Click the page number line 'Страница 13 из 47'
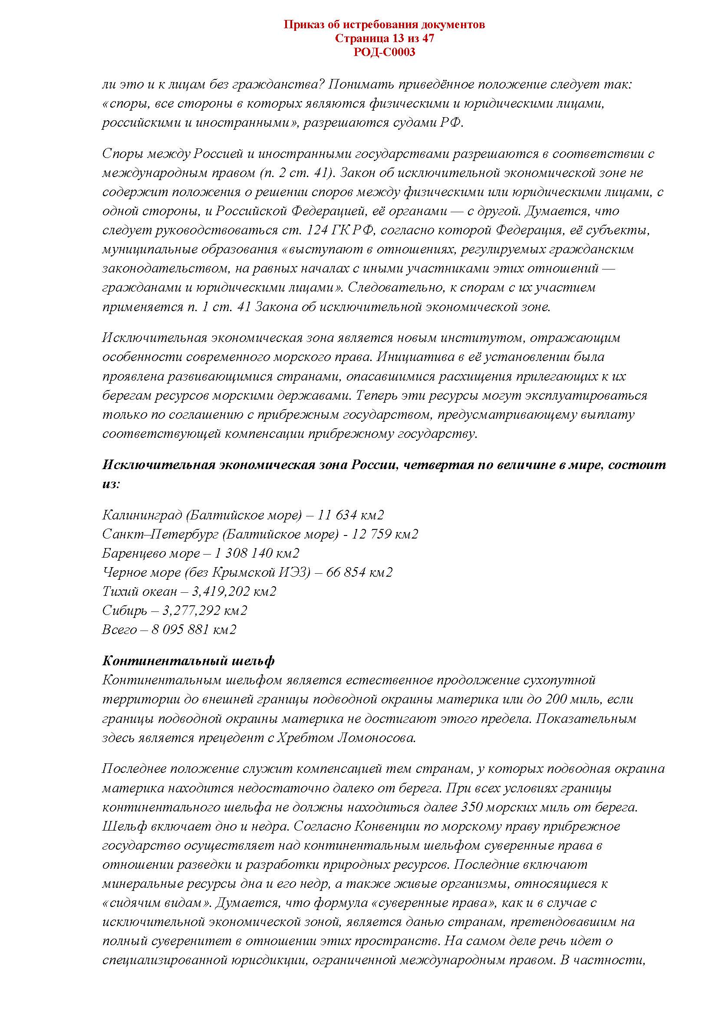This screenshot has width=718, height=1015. pos(384,39)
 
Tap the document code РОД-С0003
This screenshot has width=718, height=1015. pos(384,53)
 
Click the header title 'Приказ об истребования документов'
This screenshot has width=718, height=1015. pos(384,24)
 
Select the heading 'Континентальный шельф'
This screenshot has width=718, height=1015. pos(188,661)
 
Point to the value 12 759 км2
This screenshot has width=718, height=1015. pos(385,534)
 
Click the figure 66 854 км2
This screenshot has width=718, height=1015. pos(359,572)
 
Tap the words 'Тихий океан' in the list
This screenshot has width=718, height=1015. pos(139,591)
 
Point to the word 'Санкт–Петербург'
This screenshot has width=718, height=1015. pos(160,534)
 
